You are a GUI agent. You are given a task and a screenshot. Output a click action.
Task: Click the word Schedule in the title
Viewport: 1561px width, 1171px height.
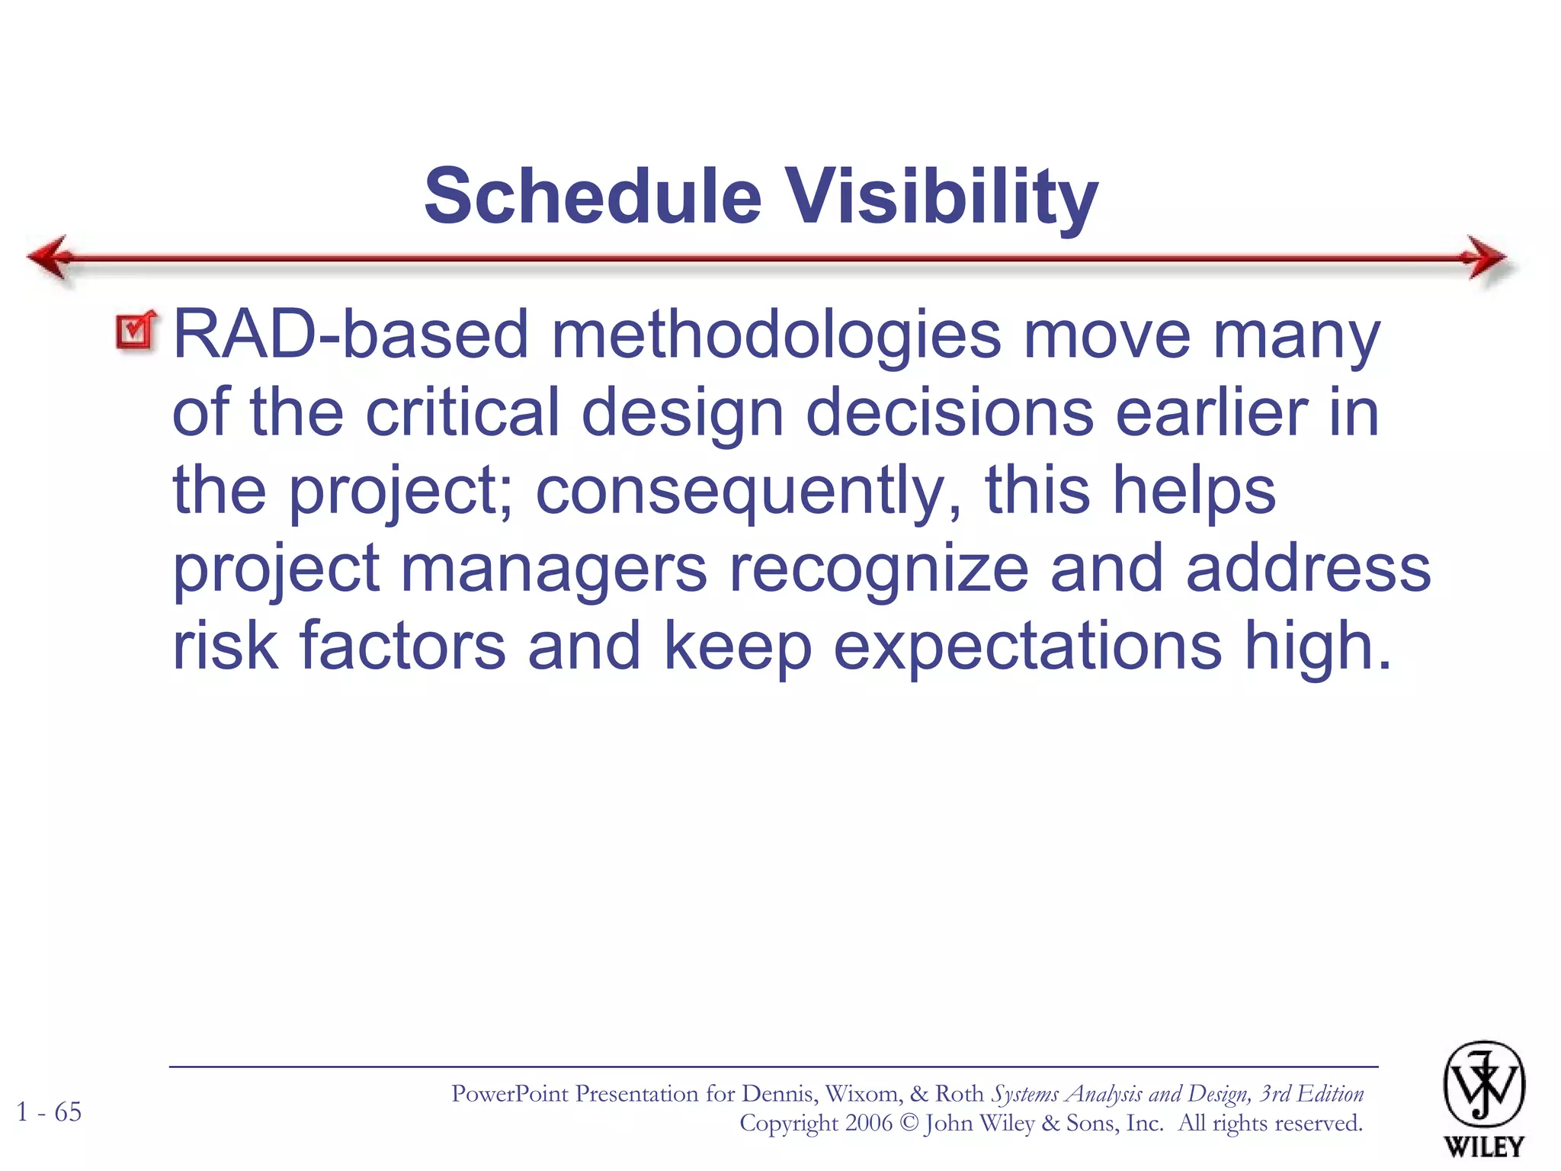click(x=593, y=197)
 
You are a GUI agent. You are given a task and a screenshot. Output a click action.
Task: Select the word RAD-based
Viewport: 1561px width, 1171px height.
click(x=351, y=335)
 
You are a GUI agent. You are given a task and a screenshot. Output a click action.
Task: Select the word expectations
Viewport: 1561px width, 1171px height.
click(x=1028, y=647)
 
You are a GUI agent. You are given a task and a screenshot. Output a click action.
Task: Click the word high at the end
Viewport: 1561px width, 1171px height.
click(x=1309, y=647)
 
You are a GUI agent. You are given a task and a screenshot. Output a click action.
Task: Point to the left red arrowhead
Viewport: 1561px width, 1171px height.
click(x=50, y=258)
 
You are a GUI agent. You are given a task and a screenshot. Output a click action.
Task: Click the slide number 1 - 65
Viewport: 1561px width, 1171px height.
click(x=49, y=1112)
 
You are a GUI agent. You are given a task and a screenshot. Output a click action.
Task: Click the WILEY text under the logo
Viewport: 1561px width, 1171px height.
click(x=1483, y=1147)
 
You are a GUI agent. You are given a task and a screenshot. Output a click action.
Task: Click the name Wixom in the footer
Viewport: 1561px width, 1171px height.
click(x=862, y=1094)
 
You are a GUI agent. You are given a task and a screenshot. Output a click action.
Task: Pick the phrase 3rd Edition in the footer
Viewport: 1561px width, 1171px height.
click(x=1311, y=1094)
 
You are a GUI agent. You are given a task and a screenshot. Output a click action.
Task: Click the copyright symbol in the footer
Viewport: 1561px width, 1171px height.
click(x=909, y=1124)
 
